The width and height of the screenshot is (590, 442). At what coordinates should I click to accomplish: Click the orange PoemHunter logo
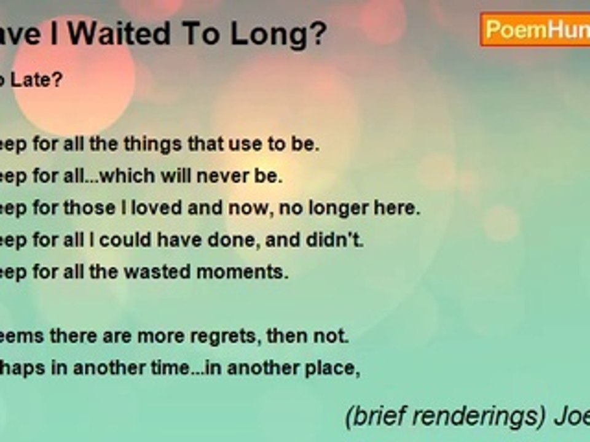coord(535,29)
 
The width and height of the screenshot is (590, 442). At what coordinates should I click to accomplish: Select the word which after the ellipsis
coord(128,176)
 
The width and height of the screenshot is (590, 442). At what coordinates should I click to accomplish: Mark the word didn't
coord(340,240)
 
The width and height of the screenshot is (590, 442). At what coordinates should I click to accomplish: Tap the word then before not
coord(299,336)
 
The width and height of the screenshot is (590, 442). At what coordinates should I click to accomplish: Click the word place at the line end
coord(334,369)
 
